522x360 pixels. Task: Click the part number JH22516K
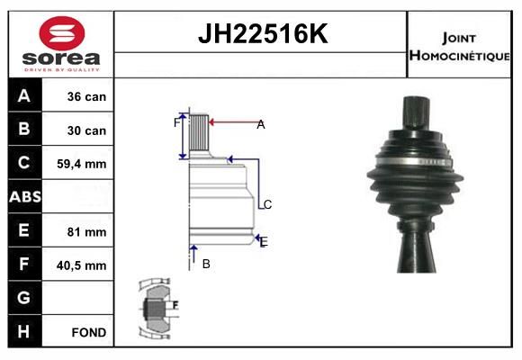[x=263, y=33]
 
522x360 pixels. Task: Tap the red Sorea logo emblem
[x=62, y=33]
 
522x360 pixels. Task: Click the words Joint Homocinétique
[x=459, y=47]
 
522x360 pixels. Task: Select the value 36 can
[x=86, y=96]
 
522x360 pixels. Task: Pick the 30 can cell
[x=86, y=130]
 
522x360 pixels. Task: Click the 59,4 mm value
[x=82, y=164]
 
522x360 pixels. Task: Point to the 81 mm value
[x=86, y=232]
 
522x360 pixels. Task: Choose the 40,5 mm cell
[x=82, y=265]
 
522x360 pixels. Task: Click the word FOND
[x=89, y=332]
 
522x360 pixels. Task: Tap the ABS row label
[x=25, y=197]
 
